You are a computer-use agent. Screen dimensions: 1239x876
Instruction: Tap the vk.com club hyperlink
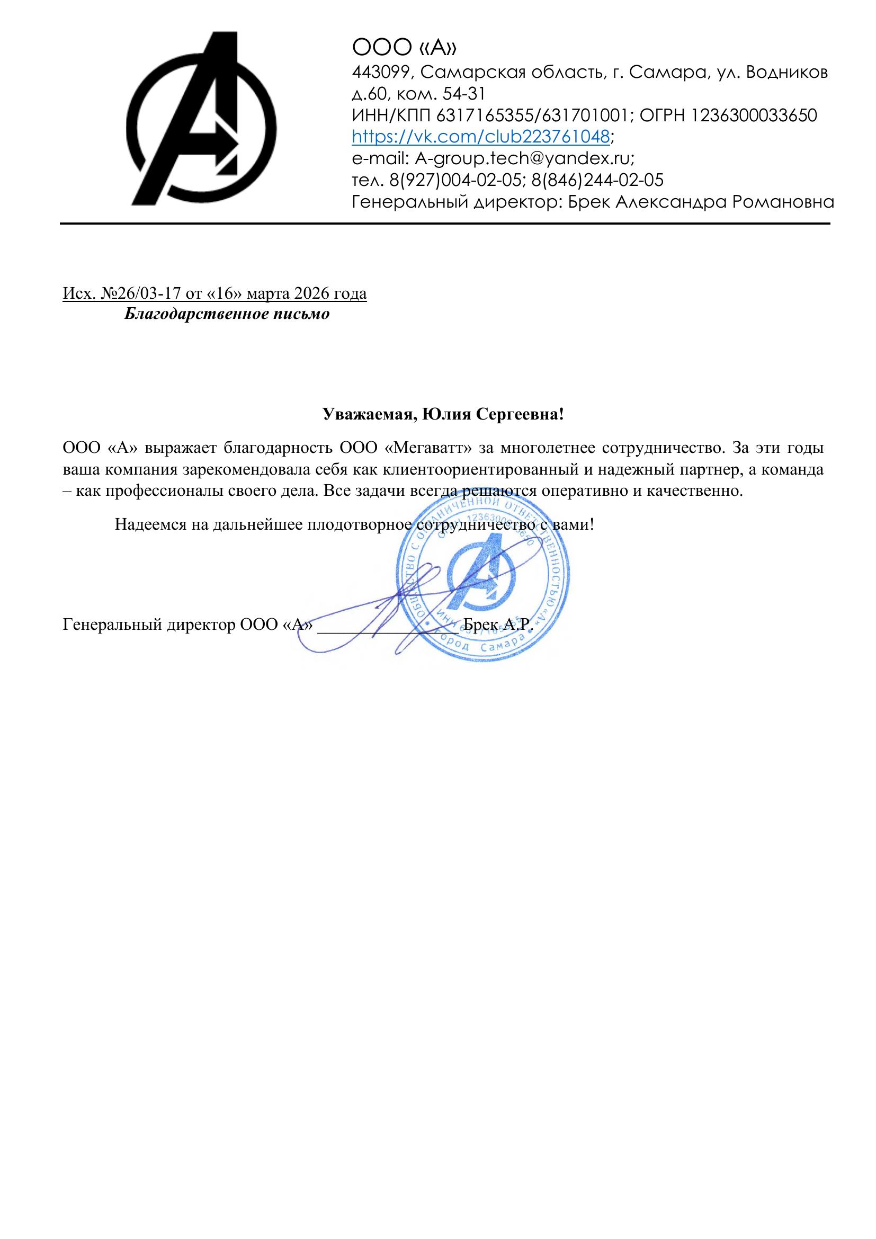(x=480, y=137)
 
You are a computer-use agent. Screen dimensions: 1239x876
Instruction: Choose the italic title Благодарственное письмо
(x=227, y=314)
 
